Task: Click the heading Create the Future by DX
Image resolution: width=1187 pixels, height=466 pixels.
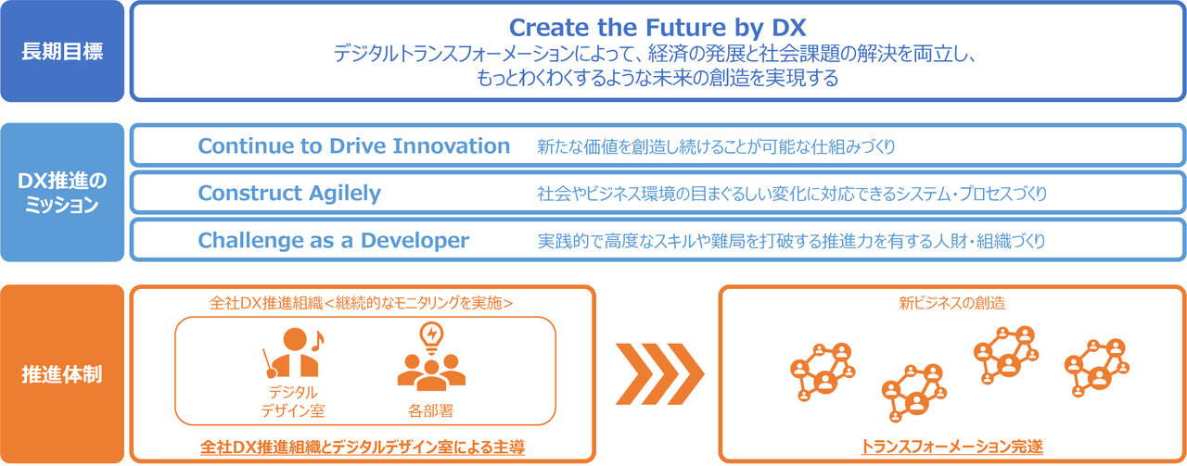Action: (657, 28)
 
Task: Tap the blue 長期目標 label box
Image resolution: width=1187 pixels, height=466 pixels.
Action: (62, 51)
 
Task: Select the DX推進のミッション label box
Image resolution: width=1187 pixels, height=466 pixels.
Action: (62, 192)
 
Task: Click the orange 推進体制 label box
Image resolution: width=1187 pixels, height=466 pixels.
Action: (62, 374)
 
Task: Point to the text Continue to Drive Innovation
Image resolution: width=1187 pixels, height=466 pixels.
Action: (354, 146)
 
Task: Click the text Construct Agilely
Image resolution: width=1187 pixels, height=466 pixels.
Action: (289, 194)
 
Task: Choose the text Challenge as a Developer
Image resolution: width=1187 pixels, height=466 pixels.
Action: (333, 241)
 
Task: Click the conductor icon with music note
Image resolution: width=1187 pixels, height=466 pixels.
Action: (293, 353)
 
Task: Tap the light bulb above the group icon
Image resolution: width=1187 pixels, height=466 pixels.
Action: (431, 337)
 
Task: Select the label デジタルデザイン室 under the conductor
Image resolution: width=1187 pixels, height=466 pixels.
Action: (292, 401)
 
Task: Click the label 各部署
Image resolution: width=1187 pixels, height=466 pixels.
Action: (430, 411)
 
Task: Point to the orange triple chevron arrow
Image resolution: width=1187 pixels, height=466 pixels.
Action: (659, 374)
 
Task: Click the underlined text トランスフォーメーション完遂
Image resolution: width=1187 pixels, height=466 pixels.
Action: (951, 447)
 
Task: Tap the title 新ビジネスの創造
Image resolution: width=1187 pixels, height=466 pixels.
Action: (952, 303)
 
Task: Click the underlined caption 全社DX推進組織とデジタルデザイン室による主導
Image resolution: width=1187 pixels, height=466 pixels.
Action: (363, 447)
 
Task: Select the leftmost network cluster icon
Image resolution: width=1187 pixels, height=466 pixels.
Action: (823, 372)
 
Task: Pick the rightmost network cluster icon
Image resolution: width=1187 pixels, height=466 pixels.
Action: (1097, 368)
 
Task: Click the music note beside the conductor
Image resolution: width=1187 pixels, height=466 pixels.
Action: (317, 341)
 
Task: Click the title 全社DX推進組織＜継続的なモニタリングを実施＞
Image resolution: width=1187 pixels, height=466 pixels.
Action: (362, 303)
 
